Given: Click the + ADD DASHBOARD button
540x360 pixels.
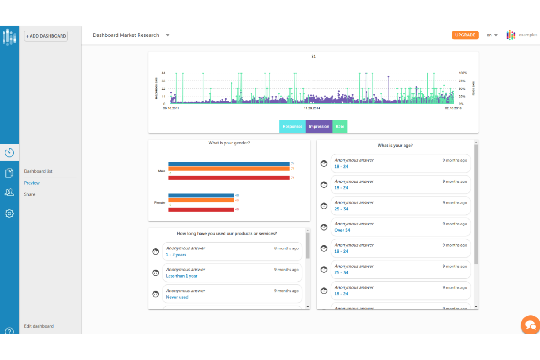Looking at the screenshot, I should click(46, 36).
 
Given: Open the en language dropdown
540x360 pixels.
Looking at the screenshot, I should click(492, 35).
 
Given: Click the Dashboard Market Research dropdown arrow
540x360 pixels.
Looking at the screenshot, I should click(167, 35).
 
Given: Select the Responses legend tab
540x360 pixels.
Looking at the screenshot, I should click(292, 127).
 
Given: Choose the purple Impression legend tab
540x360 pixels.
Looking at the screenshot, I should click(319, 127).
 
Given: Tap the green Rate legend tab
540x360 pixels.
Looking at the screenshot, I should click(340, 127).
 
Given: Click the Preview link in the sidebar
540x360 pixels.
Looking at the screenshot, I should click(32, 183).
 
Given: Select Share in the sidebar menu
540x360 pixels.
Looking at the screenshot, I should click(30, 194).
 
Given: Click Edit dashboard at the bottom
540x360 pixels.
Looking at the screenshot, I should click(39, 326).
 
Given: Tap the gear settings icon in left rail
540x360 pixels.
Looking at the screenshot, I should click(9, 213).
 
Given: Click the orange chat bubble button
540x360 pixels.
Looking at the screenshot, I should click(530, 324).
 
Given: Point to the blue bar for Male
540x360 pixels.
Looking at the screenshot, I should click(229, 164).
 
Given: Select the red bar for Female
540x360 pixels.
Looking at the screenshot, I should click(201, 209).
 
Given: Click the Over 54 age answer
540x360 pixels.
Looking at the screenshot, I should click(342, 230).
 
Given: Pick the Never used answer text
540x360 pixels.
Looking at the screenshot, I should click(177, 297).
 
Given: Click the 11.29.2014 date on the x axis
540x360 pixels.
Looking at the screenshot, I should click(312, 108).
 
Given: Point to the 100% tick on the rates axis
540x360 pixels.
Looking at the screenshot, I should click(463, 73).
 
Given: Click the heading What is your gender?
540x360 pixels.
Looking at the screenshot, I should click(229, 143).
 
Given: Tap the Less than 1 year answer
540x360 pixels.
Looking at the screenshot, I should click(182, 276).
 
